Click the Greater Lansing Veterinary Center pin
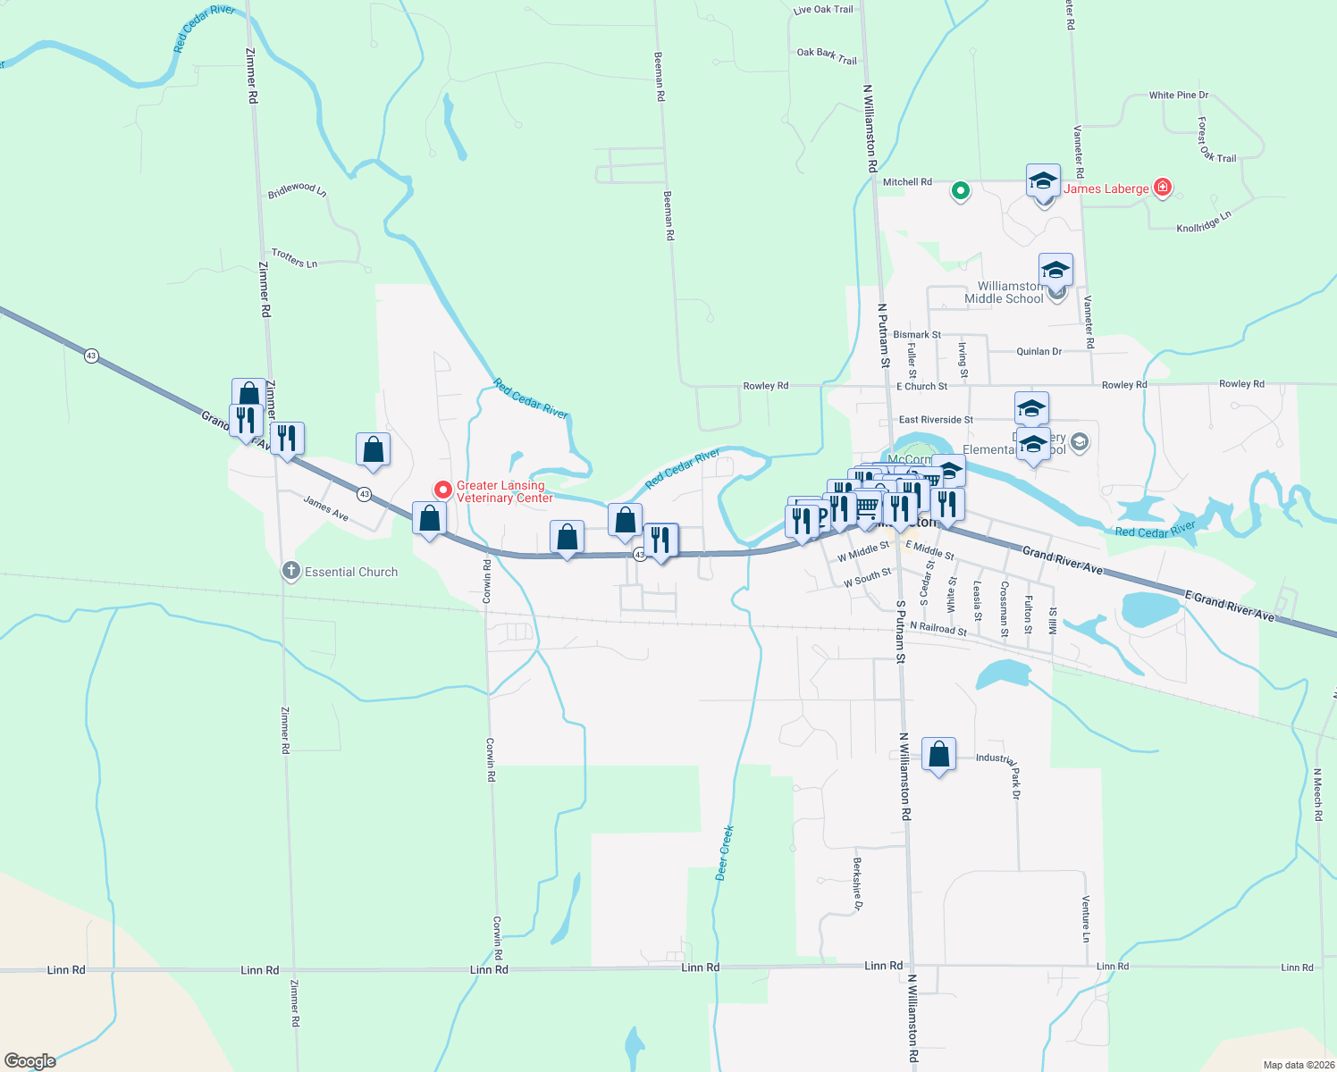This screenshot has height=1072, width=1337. (442, 490)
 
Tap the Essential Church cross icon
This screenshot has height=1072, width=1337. (290, 571)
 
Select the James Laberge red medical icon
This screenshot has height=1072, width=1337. (1163, 188)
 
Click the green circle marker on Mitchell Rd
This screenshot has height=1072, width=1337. (961, 189)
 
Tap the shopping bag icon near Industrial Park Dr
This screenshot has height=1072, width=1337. (938, 755)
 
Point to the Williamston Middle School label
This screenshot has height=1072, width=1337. (1004, 292)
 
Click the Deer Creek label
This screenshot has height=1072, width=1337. (726, 853)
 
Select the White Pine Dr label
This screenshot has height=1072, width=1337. (1178, 95)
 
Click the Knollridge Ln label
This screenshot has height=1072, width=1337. (1204, 222)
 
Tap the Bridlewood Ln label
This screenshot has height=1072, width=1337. (297, 190)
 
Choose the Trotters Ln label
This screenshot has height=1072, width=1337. (294, 258)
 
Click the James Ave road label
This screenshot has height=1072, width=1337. (325, 508)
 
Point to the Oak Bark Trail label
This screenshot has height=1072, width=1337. (827, 56)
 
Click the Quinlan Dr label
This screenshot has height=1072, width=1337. (1038, 352)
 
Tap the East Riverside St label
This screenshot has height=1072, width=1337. (936, 420)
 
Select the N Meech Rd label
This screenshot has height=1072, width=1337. (1317, 794)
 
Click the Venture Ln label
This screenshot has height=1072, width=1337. (1086, 918)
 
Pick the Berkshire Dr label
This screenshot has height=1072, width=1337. (857, 884)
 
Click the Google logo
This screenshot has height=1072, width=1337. (30, 1060)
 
